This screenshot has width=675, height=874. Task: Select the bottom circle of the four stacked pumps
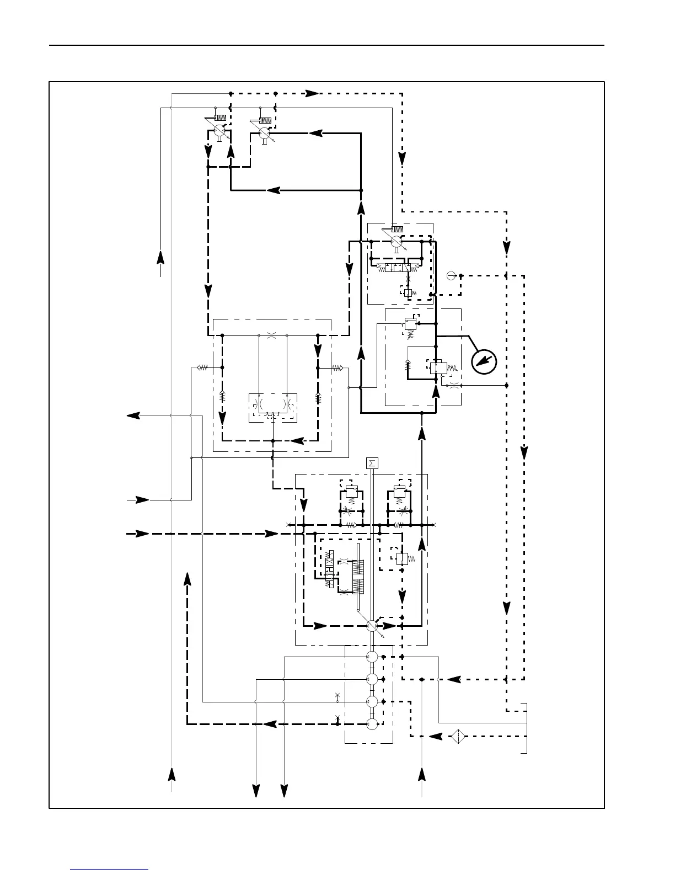(x=372, y=724)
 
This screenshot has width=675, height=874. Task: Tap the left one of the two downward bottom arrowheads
(x=256, y=790)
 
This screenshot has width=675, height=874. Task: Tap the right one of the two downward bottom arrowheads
(x=284, y=790)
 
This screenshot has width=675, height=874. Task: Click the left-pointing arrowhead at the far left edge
(x=133, y=415)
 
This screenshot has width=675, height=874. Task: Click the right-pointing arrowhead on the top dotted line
(x=313, y=93)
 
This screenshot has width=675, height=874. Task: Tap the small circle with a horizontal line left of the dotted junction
(x=450, y=275)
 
